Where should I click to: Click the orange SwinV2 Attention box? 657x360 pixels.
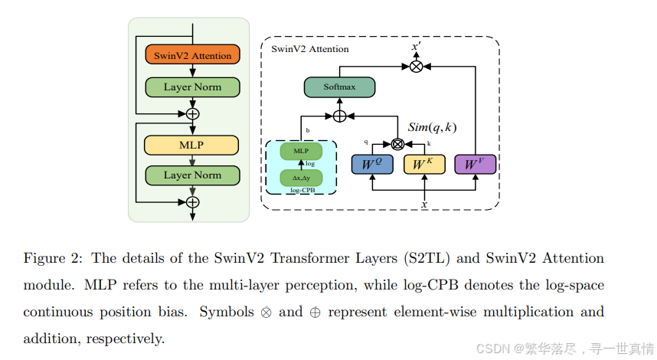point(192,55)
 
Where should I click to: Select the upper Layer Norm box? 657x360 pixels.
point(192,87)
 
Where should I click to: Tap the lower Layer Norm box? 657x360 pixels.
point(192,175)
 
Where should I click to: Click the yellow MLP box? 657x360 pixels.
point(192,145)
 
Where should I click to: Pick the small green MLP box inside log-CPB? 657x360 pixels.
point(300,152)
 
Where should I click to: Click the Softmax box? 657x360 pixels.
point(339,87)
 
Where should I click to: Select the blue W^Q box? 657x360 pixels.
point(372,164)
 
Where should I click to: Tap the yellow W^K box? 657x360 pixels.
point(423,164)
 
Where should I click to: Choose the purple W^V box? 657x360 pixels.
point(476,164)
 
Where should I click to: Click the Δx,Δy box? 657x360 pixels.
point(300,178)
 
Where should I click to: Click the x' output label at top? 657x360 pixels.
point(416,47)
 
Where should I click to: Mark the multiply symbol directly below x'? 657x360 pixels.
point(416,67)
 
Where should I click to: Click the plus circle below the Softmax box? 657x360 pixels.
point(339,116)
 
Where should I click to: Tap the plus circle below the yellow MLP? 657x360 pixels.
point(192,202)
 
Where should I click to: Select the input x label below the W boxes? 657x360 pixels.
point(424,204)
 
